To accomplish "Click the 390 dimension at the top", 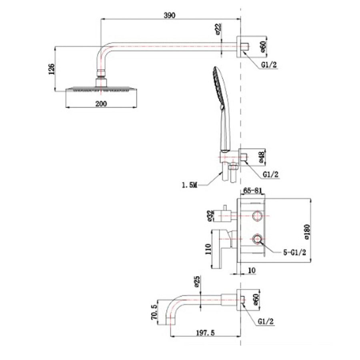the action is (x=170, y=15).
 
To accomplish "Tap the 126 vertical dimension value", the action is (x=52, y=69).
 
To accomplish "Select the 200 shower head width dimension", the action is (x=101, y=104).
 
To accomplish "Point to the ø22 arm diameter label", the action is (x=218, y=29).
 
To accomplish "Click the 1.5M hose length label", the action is (x=190, y=185).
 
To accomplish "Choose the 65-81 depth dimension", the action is (x=252, y=190).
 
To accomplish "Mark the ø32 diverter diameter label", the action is (x=210, y=216).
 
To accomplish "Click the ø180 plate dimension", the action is (x=307, y=232).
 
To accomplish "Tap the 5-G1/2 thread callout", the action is (x=294, y=252).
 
